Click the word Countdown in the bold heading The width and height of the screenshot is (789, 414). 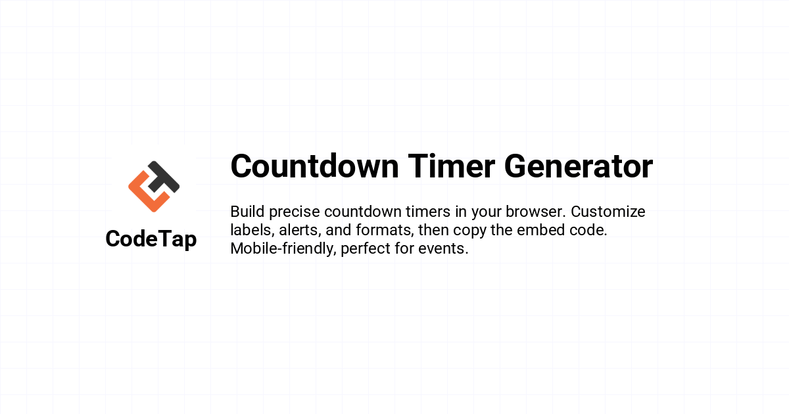314,166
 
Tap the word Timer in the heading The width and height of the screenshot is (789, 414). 452,166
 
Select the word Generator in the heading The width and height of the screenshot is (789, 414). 579,166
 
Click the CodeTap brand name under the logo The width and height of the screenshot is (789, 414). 151,239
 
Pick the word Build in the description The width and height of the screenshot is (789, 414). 247,212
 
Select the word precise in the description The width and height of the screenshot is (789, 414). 295,212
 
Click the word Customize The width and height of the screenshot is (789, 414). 608,212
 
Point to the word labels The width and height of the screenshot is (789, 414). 252,230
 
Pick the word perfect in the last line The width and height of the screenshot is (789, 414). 366,249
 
